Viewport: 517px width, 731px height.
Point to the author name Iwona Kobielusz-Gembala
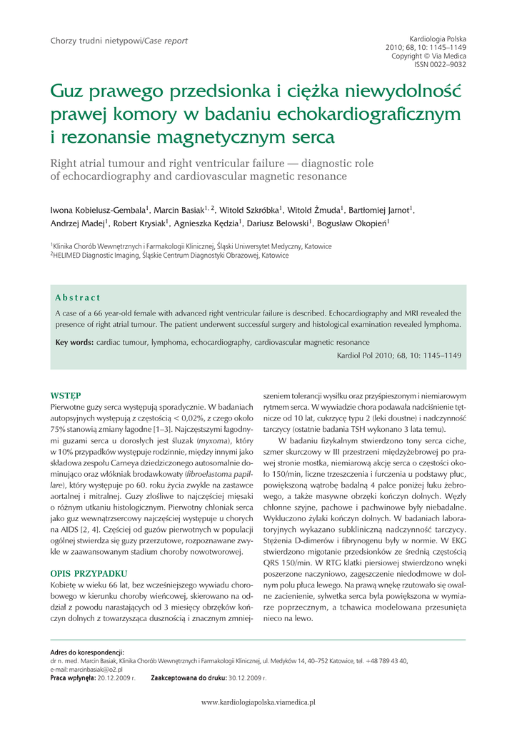point(99,211)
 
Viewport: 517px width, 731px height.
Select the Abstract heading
point(78,298)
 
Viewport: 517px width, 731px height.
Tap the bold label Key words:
point(74,343)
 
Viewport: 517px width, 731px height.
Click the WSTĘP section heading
point(65,395)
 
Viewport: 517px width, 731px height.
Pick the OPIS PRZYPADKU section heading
point(89,573)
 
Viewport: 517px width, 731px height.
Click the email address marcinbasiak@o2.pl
point(86,670)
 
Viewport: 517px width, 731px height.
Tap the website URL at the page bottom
point(258,702)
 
